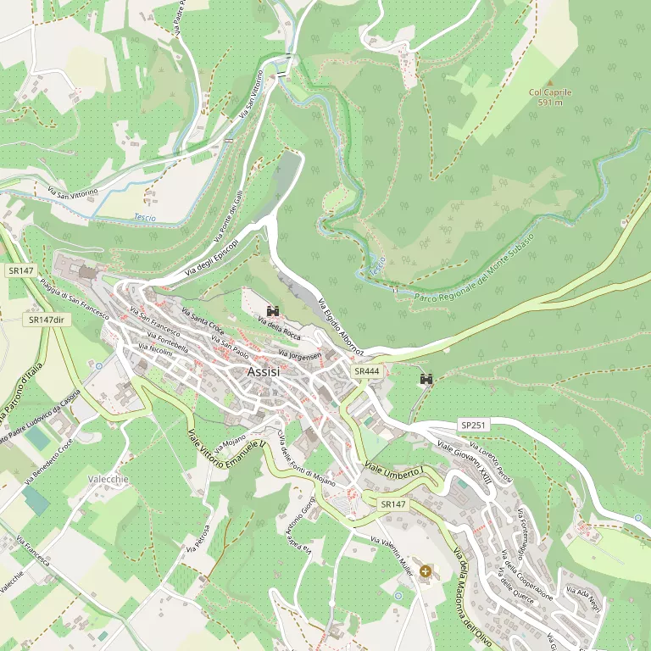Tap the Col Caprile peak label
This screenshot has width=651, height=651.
[550, 92]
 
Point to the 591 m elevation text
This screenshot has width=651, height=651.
[550, 103]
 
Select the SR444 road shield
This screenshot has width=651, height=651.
[367, 371]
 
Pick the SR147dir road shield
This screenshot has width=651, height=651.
[47, 320]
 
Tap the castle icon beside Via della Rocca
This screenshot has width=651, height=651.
[273, 311]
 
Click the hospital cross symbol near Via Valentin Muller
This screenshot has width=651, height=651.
[425, 572]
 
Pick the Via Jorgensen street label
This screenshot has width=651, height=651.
[300, 355]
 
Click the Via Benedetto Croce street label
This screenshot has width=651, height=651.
[48, 461]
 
